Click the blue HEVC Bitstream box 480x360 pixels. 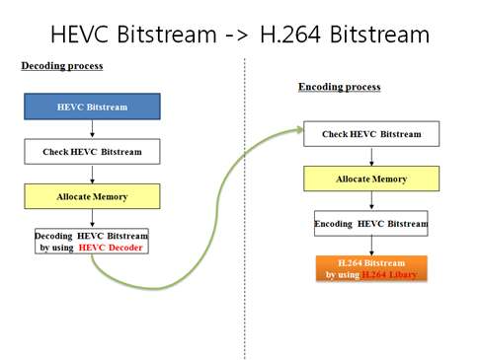tap(91, 107)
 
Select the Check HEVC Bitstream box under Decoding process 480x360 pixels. tap(91, 151)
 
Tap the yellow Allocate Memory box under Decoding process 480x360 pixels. tap(91, 196)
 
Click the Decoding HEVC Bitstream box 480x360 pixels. tap(91, 241)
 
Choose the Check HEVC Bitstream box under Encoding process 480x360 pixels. tap(370, 133)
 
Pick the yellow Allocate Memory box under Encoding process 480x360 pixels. tap(370, 179)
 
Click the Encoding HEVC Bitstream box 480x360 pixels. tap(370, 224)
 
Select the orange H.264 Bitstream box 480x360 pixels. tap(370, 268)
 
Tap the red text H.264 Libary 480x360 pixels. tap(389, 274)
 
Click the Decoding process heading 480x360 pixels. tap(61, 66)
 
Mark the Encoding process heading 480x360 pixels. tap(339, 87)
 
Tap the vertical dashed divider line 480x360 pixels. tap(244, 197)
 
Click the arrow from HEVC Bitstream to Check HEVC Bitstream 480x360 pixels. tap(91, 128)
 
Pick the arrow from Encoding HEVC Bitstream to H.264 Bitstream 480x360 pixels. tap(370, 246)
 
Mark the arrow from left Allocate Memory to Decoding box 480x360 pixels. tap(91, 218)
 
